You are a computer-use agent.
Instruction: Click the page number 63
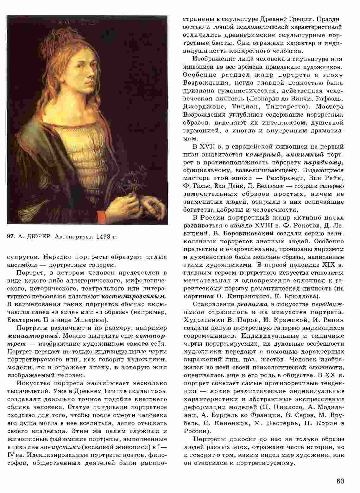pyautogui.click(x=340, y=481)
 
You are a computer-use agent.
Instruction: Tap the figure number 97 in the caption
pyautogui.click(x=11, y=236)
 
